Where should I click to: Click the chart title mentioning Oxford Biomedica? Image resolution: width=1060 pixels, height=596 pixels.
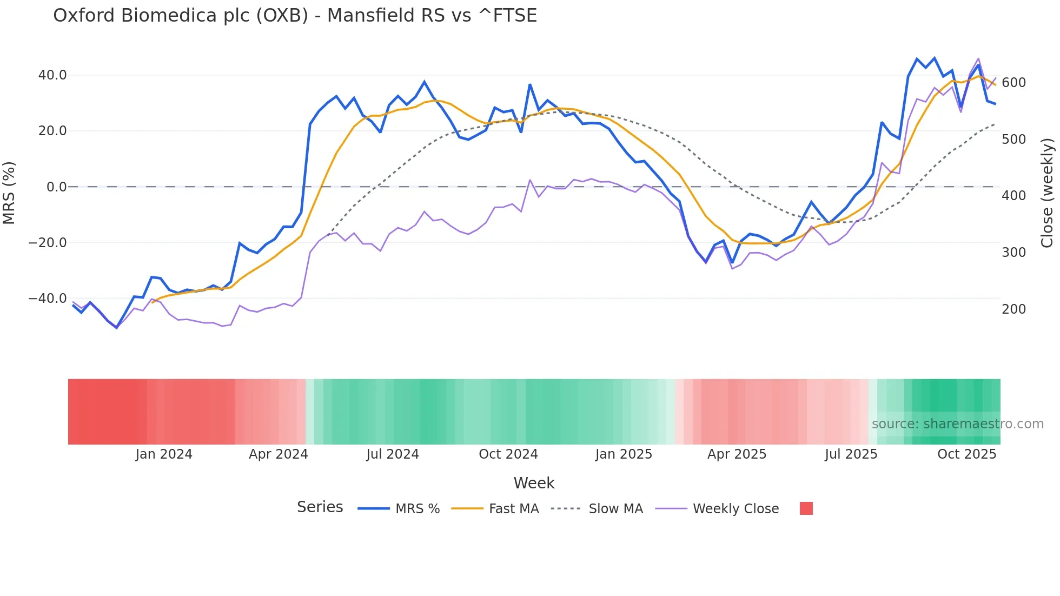click(295, 16)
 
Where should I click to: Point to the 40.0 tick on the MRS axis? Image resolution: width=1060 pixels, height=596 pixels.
click(52, 75)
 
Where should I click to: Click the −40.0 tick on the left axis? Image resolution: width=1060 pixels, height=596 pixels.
click(48, 299)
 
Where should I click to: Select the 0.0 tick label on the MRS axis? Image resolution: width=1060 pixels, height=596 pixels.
click(56, 187)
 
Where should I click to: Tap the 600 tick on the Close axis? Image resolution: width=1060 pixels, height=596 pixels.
click(1013, 83)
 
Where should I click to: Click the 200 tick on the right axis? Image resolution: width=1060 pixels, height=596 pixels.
click(1013, 309)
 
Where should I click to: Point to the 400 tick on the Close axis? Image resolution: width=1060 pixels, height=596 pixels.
click(1013, 196)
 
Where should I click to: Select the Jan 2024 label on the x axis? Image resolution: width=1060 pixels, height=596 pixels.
click(164, 454)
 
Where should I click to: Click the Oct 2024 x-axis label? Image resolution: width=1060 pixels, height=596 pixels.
click(508, 454)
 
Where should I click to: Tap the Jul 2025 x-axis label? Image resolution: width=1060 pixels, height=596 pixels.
click(851, 454)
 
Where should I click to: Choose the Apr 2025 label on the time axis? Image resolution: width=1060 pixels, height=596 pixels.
click(737, 454)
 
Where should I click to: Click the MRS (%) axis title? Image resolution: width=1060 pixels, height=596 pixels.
click(9, 193)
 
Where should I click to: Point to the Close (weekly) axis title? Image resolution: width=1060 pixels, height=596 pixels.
click(1048, 193)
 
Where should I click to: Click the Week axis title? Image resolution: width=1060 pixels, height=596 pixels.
click(534, 483)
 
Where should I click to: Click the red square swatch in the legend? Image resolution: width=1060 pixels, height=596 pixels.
click(806, 508)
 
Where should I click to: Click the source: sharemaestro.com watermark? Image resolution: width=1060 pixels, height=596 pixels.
click(957, 424)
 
